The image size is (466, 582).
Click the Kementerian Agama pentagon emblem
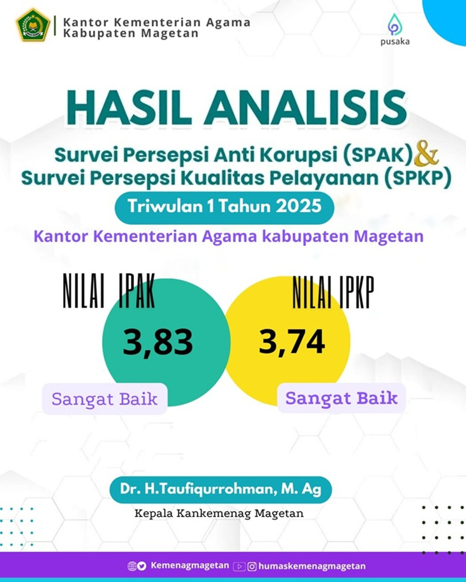tap(33, 25)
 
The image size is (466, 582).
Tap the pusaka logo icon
tap(395, 24)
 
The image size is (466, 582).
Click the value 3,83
tap(158, 342)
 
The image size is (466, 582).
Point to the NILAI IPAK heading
tap(109, 291)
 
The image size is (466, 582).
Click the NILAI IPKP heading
tap(333, 292)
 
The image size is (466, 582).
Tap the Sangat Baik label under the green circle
tap(104, 399)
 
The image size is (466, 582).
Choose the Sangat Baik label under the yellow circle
tap(342, 398)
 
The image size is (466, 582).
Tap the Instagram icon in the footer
tap(252, 566)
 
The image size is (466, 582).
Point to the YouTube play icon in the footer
tap(239, 566)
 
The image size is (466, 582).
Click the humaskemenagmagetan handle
tap(312, 566)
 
